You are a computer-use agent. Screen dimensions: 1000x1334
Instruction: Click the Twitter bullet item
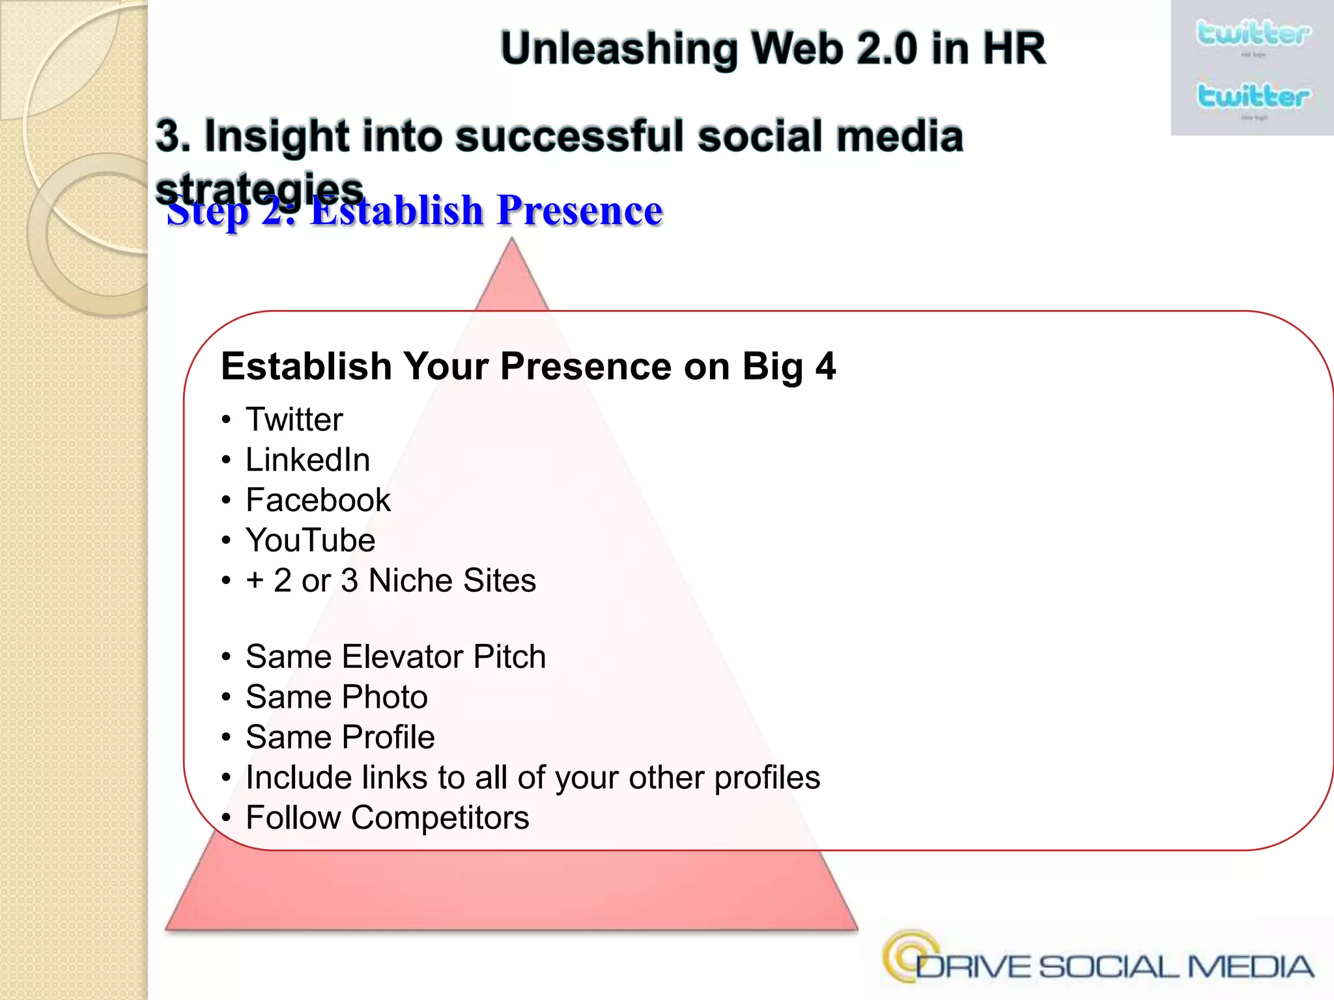tap(294, 420)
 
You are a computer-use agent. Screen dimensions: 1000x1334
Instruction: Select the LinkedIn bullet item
tap(307, 460)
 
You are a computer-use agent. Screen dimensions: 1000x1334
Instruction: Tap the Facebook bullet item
tap(318, 501)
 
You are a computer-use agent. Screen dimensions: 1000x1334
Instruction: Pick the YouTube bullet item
tap(310, 541)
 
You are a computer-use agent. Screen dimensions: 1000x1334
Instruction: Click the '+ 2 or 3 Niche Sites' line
tap(390, 581)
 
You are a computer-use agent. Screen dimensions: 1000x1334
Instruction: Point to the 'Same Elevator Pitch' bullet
tap(395, 657)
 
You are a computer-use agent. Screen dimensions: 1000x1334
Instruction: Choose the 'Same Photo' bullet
tap(336, 697)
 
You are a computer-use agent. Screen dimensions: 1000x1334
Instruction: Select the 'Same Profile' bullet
tap(340, 738)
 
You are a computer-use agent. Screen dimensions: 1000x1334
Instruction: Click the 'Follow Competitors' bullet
tap(387, 818)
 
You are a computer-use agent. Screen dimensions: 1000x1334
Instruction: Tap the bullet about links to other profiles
tap(532, 778)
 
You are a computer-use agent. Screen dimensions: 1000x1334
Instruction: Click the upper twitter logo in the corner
tap(1252, 34)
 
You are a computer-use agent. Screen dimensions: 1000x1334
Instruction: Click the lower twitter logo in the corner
tap(1252, 96)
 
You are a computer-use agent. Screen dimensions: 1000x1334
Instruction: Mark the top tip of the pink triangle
tap(512, 240)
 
